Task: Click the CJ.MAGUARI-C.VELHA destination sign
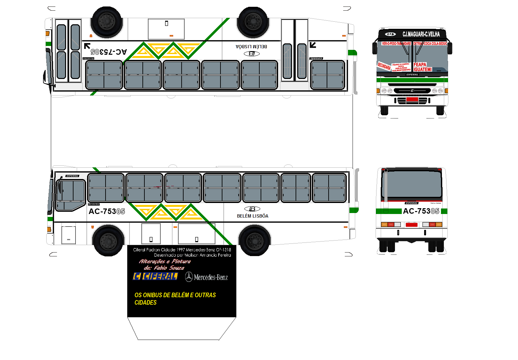pyautogui.click(x=421, y=34)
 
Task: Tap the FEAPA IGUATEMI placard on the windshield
pyautogui.click(x=422, y=67)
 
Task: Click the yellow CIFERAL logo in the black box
pyautogui.click(x=155, y=276)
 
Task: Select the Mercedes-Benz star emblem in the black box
pyautogui.click(x=189, y=277)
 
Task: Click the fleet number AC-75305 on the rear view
pyautogui.click(x=421, y=211)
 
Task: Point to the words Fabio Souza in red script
pyautogui.click(x=169, y=268)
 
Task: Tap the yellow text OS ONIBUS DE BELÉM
pyautogui.click(x=175, y=295)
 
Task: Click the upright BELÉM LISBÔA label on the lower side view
pyautogui.click(x=253, y=216)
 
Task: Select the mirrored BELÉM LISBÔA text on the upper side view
pyautogui.click(x=252, y=47)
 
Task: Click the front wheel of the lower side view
pyautogui.click(x=108, y=241)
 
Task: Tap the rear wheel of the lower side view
pyautogui.click(x=254, y=241)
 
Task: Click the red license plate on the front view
pyautogui.click(x=412, y=99)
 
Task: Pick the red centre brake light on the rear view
pyautogui.click(x=411, y=225)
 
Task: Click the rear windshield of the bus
pyautogui.click(x=412, y=184)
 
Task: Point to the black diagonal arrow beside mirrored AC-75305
pyautogui.click(x=87, y=46)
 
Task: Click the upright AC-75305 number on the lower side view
pyautogui.click(x=107, y=211)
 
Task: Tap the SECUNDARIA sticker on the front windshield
pyautogui.click(x=384, y=66)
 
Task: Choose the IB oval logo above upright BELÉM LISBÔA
pyautogui.click(x=252, y=209)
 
